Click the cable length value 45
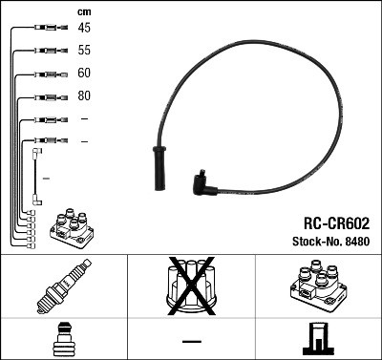click(84, 29)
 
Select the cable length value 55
click(84, 51)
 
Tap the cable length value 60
click(84, 74)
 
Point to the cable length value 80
click(84, 96)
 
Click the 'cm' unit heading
click(83, 11)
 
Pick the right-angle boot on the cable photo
click(204, 181)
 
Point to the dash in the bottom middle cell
click(191, 341)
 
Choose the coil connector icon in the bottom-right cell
click(318, 340)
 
